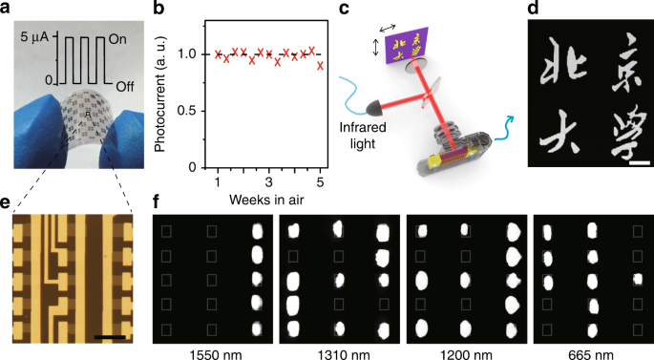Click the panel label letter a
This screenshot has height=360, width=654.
click(8, 10)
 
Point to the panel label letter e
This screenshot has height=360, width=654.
click(8, 202)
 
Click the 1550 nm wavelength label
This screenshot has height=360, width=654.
click(212, 350)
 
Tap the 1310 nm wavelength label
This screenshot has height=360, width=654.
click(337, 350)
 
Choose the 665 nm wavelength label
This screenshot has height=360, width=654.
click(590, 350)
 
